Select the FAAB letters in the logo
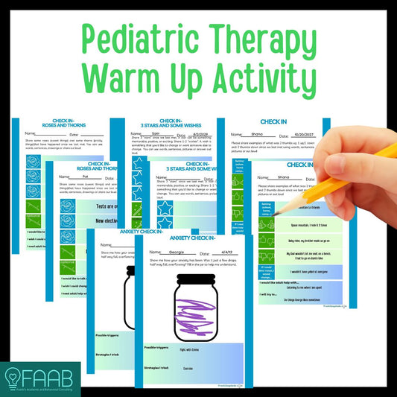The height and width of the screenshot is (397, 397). [47, 374]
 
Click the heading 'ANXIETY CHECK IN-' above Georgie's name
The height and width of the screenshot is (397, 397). [195, 238]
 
